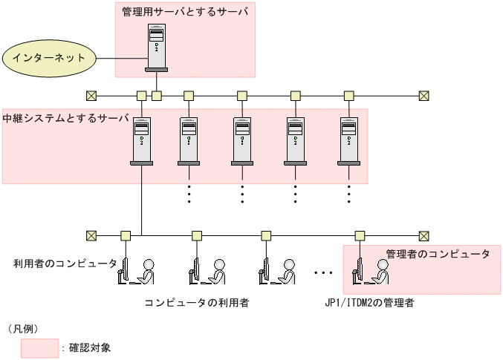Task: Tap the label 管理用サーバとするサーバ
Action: [185, 11]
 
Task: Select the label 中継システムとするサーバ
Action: [65, 118]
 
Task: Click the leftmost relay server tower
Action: [141, 140]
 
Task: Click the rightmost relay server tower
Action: [349, 140]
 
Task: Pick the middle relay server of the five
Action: [242, 140]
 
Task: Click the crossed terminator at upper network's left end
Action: [91, 96]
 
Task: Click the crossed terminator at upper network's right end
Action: [424, 96]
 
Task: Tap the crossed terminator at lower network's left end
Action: [91, 235]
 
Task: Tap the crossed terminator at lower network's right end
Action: [424, 235]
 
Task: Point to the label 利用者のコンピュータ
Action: [65, 264]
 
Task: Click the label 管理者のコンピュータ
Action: [438, 254]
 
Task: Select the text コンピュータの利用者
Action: [196, 303]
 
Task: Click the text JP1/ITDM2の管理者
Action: [369, 303]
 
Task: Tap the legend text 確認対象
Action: [90, 347]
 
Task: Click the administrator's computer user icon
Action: [371, 272]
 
